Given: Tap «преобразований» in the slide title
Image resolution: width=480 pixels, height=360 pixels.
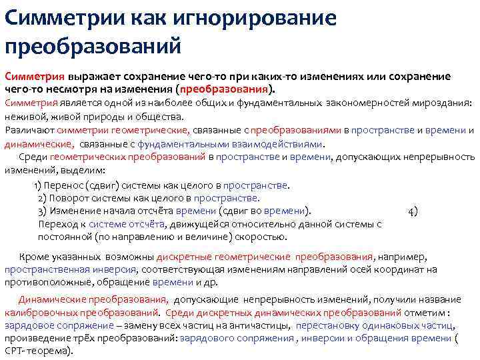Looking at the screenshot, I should click(x=93, y=47).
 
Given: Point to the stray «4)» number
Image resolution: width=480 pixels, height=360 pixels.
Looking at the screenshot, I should click(x=413, y=211).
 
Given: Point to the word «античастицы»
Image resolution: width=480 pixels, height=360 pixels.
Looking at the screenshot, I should click(x=259, y=325).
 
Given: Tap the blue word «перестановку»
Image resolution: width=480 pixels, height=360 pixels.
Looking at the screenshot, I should click(x=325, y=325).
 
